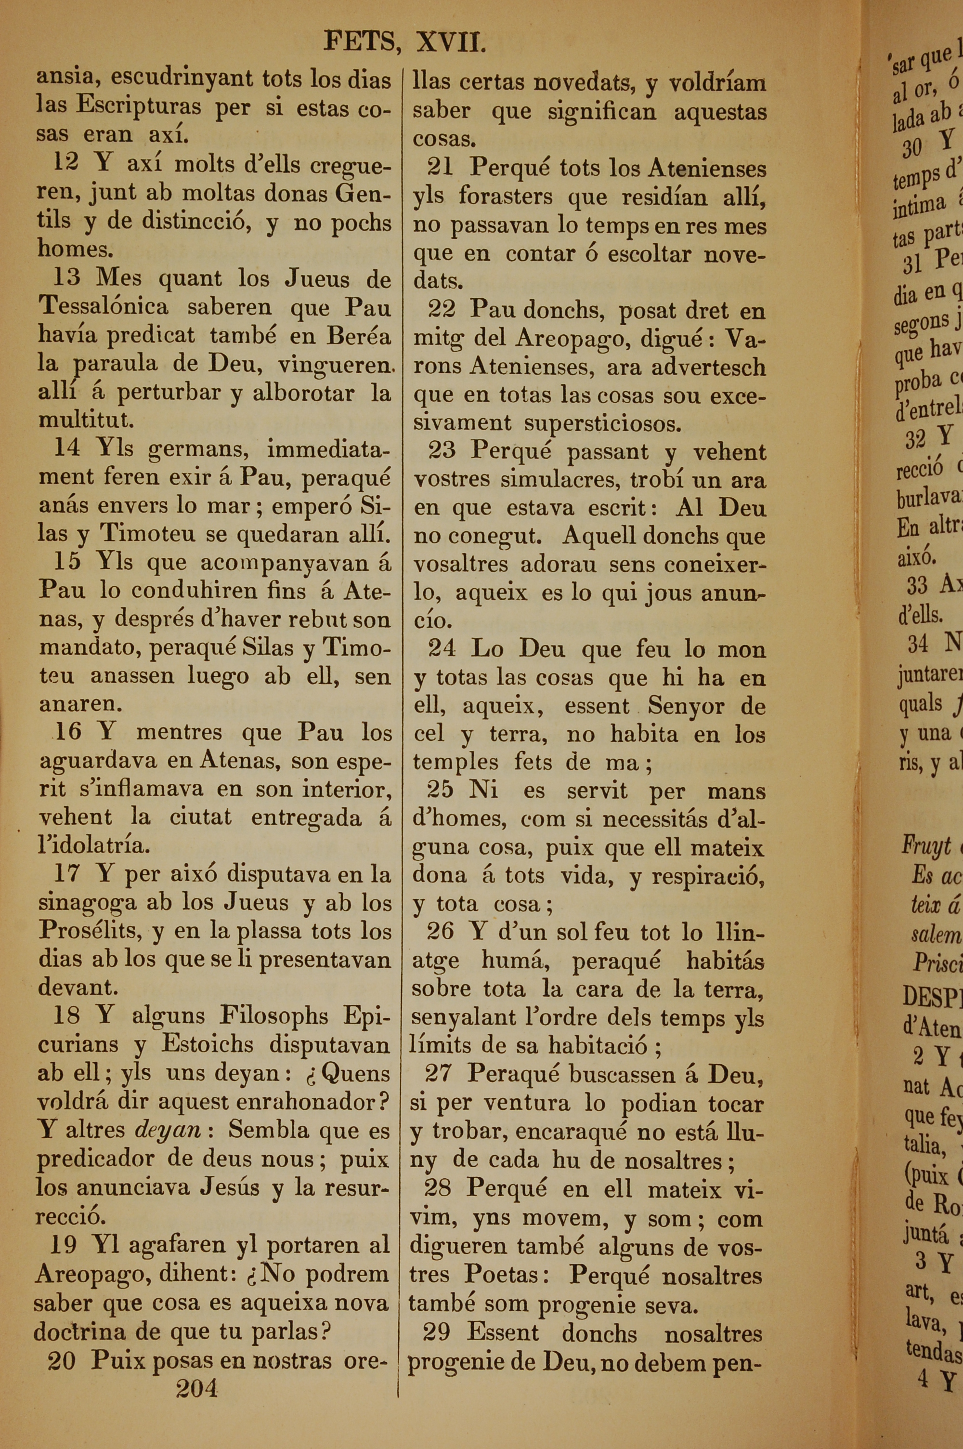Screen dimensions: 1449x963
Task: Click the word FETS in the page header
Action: point(359,42)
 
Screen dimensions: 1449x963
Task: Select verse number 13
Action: point(66,277)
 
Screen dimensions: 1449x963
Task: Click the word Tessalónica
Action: point(103,306)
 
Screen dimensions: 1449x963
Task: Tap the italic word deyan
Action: point(168,1130)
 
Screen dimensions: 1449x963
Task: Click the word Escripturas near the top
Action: point(138,107)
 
